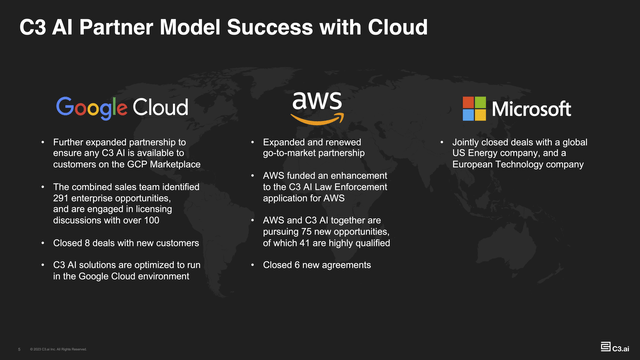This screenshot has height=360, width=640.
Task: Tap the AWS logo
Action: pos(317,103)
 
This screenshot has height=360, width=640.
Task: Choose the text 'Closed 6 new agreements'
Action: pos(317,265)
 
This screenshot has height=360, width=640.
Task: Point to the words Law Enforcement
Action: pos(345,186)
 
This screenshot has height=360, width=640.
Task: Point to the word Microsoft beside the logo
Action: pos(532,108)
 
